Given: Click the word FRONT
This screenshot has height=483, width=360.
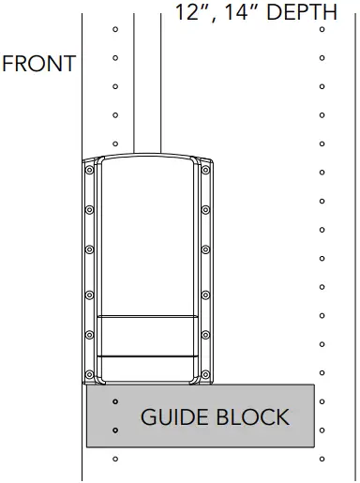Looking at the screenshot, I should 38,65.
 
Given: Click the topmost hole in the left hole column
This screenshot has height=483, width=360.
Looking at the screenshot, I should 114,29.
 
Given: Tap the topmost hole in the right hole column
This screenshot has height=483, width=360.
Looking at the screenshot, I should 322,29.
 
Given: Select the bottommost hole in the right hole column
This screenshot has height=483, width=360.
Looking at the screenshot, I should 322,460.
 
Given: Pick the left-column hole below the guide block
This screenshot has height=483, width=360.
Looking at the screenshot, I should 114,460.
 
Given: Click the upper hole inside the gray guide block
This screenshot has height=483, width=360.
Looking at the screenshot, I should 114,401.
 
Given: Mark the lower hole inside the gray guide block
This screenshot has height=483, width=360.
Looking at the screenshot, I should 114,430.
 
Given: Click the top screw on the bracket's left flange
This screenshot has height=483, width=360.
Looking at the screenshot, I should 90,171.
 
